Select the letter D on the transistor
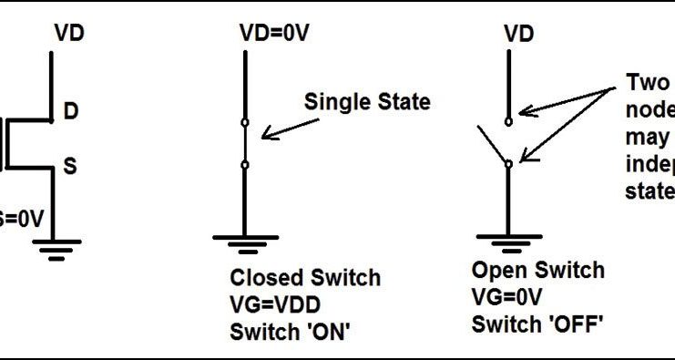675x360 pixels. [x=70, y=112]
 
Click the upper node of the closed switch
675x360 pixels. [x=243, y=121]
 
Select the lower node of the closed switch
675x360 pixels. [x=243, y=165]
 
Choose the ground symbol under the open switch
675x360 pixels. [x=508, y=242]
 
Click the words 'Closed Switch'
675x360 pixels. [x=305, y=277]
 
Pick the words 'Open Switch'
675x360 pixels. [x=537, y=271]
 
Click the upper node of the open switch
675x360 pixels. [x=508, y=119]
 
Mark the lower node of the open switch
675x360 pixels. [x=508, y=162]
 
